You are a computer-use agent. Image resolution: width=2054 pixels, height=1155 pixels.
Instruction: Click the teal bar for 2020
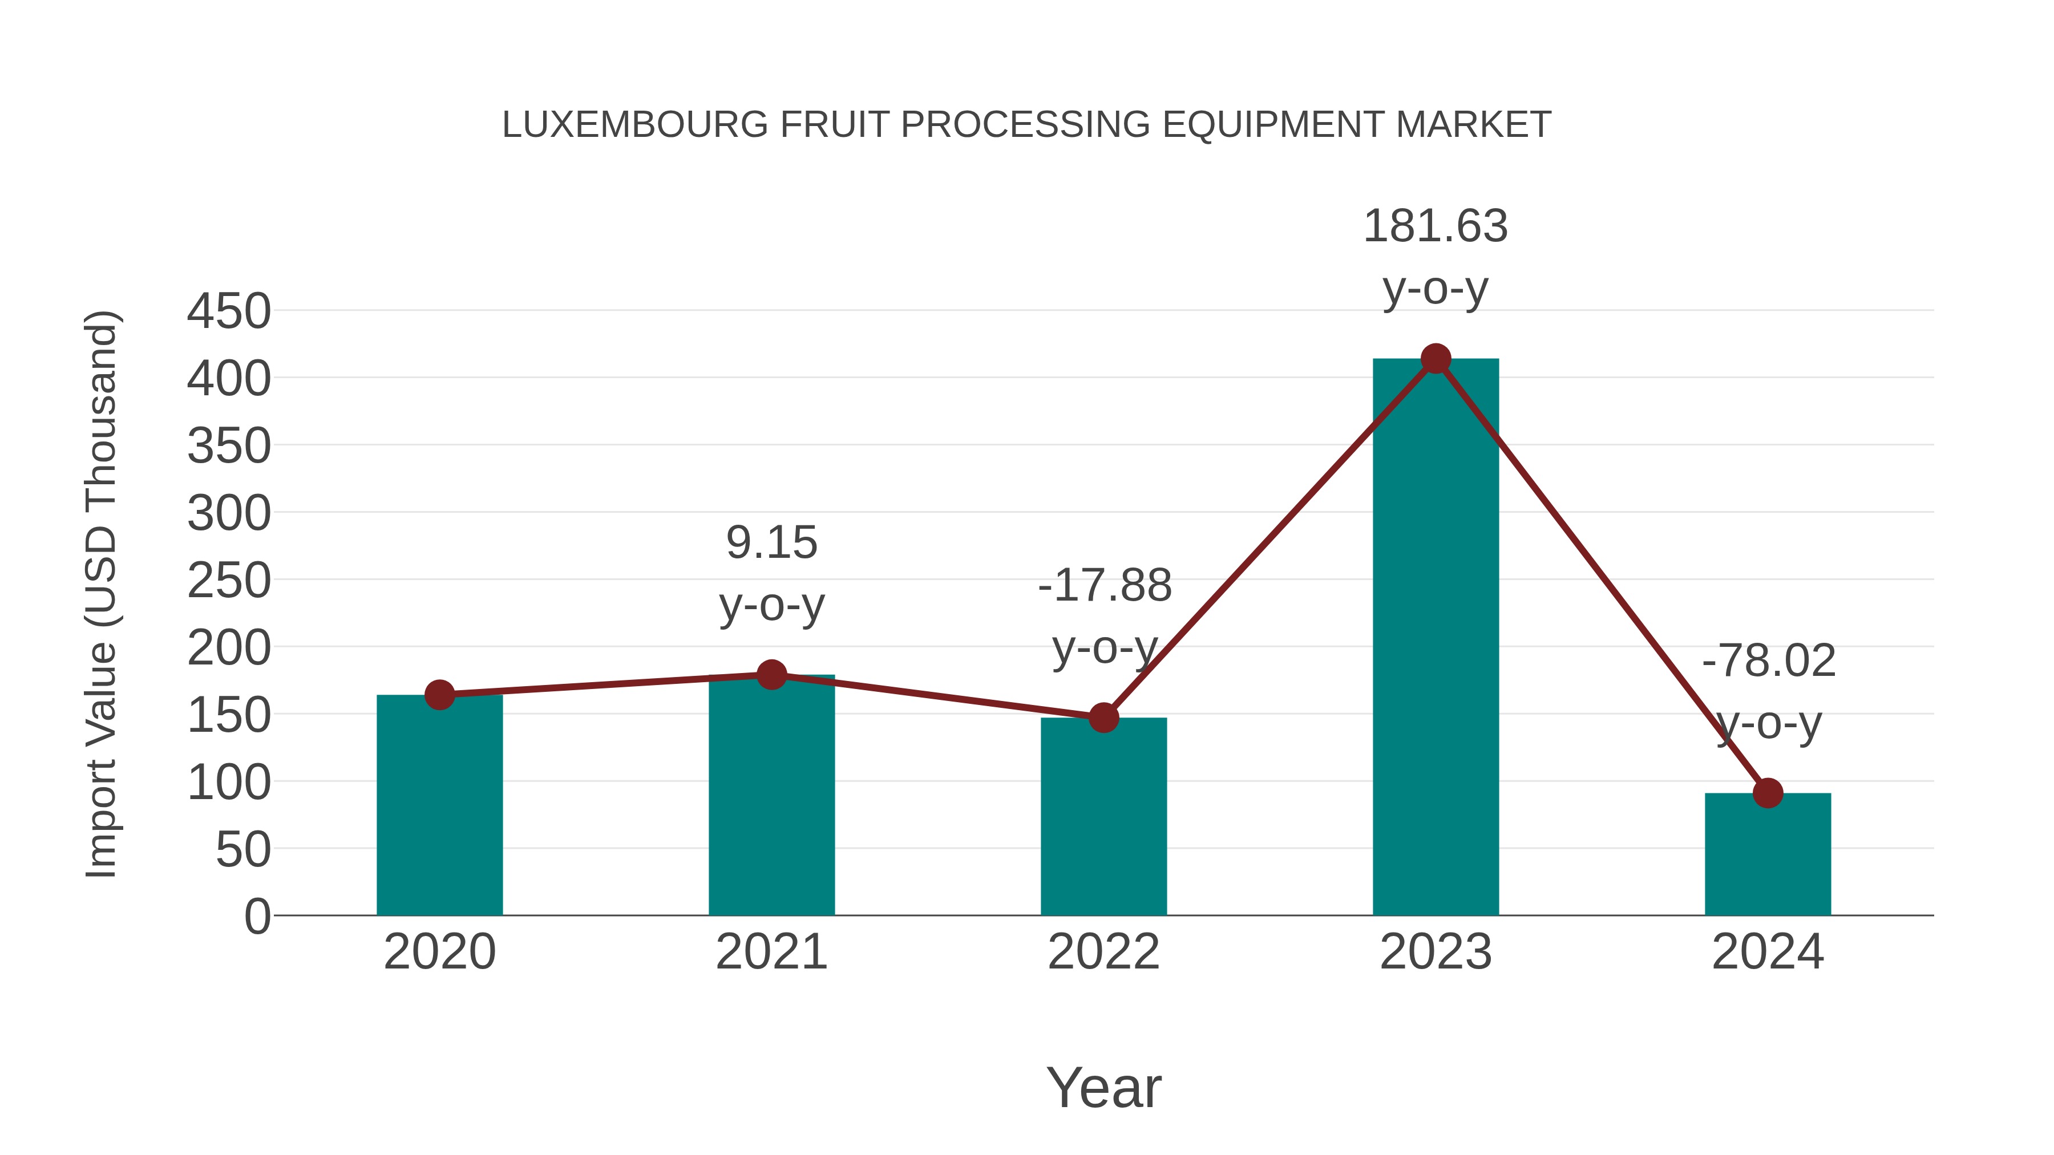coord(439,805)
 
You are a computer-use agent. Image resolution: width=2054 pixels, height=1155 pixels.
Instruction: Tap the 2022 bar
coord(1103,816)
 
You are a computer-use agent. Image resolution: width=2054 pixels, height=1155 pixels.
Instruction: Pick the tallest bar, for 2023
coord(1436,637)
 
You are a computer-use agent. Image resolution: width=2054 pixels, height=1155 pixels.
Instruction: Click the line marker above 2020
coord(439,695)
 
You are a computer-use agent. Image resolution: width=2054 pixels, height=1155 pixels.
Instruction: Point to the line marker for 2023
coord(1436,359)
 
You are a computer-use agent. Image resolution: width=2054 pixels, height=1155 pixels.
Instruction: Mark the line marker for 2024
coord(1768,793)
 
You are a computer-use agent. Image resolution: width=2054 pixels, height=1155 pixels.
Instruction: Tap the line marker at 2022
coord(1103,718)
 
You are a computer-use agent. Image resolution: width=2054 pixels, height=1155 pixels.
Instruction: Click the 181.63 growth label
coord(1436,226)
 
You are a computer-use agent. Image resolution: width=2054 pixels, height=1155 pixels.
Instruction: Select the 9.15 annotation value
coord(771,543)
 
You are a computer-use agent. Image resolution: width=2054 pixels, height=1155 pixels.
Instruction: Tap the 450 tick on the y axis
coord(229,311)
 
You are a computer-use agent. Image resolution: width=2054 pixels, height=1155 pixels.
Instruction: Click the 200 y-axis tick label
coord(229,648)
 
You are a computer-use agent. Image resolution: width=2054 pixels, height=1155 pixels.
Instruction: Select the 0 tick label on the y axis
coord(257,917)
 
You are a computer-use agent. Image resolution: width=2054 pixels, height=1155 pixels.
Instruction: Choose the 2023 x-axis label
coord(1436,952)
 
